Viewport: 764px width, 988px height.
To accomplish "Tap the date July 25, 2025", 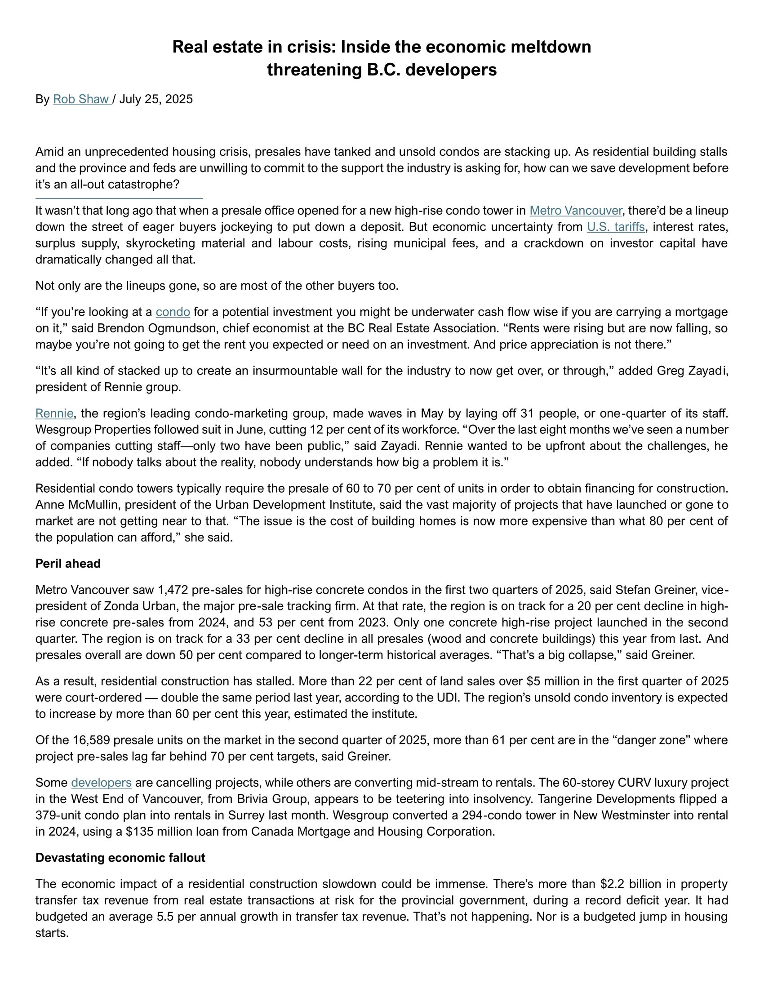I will point(155,99).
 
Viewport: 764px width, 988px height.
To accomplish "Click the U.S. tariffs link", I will point(616,227).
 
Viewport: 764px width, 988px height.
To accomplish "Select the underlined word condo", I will point(173,312).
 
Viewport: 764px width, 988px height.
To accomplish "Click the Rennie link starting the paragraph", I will point(54,413).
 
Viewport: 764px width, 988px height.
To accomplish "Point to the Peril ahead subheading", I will point(68,563).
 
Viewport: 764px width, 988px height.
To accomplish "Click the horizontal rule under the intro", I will point(119,198).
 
